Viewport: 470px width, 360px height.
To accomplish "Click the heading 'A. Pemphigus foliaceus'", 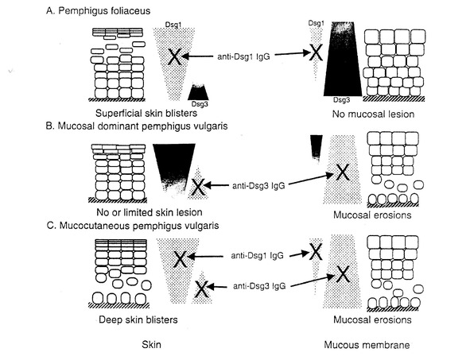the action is click(99, 11).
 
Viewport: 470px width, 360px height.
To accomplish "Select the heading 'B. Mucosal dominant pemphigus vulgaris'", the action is click(137, 126).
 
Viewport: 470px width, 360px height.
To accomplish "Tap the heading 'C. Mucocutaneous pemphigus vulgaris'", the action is click(133, 225).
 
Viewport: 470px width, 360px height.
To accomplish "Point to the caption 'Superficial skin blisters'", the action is click(146, 113).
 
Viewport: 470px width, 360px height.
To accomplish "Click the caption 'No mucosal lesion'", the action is click(373, 114).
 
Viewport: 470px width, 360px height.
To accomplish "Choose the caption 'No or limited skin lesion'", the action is click(150, 212).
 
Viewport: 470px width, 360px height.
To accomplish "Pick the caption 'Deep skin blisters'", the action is click(138, 319).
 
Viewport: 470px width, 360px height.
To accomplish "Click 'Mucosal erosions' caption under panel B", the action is click(372, 215).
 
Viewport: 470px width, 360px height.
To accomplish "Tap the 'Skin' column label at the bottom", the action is click(151, 344).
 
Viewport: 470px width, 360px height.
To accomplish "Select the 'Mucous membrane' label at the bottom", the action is click(367, 345).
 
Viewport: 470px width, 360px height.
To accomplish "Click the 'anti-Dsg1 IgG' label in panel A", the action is click(243, 56).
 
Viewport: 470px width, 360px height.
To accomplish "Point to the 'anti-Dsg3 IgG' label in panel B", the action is click(258, 186).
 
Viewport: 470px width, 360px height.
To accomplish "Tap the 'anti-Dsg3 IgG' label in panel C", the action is click(259, 286).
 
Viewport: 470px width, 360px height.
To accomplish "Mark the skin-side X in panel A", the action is click(174, 57).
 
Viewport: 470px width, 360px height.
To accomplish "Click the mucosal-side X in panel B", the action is click(342, 172).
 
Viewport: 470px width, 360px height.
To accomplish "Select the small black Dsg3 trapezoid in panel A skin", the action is click(198, 91).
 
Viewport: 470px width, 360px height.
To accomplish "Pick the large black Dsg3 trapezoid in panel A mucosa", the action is click(343, 59).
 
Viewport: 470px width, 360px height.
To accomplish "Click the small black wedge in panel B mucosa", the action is click(317, 147).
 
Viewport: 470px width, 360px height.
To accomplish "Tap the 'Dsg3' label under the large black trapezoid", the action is click(342, 100).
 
